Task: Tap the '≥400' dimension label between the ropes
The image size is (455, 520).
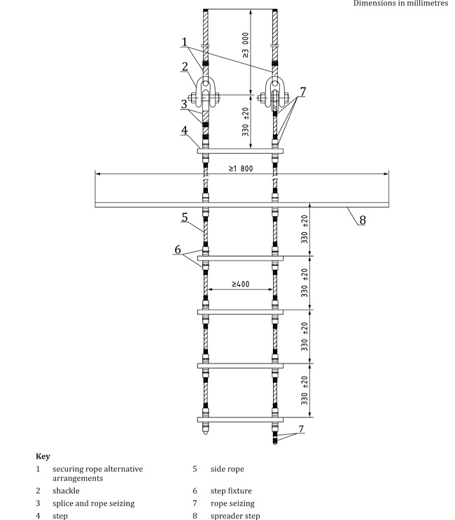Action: click(x=239, y=284)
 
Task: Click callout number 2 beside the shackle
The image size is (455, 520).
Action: click(x=183, y=66)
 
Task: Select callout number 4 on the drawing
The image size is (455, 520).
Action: click(x=184, y=129)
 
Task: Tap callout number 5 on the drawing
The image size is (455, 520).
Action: click(x=185, y=217)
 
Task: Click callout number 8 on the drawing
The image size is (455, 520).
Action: click(x=362, y=219)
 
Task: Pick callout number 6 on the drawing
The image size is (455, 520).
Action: click(x=178, y=249)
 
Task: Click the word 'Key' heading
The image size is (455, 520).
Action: click(x=43, y=456)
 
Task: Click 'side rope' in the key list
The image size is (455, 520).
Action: click(x=227, y=469)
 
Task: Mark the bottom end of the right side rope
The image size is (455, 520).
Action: click(x=274, y=442)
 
